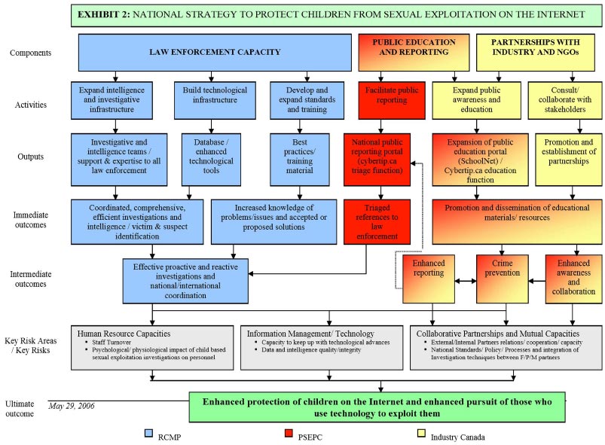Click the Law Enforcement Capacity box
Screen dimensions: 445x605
pyautogui.click(x=215, y=53)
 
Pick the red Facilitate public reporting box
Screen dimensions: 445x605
pyautogui.click(x=387, y=100)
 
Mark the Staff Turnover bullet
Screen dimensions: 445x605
pyautogui.click(x=112, y=343)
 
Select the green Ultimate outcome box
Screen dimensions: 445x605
pyautogui.click(x=377, y=407)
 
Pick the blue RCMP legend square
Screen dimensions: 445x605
pyautogui.click(x=149, y=434)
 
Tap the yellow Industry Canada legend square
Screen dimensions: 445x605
pyautogui.click(x=421, y=434)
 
